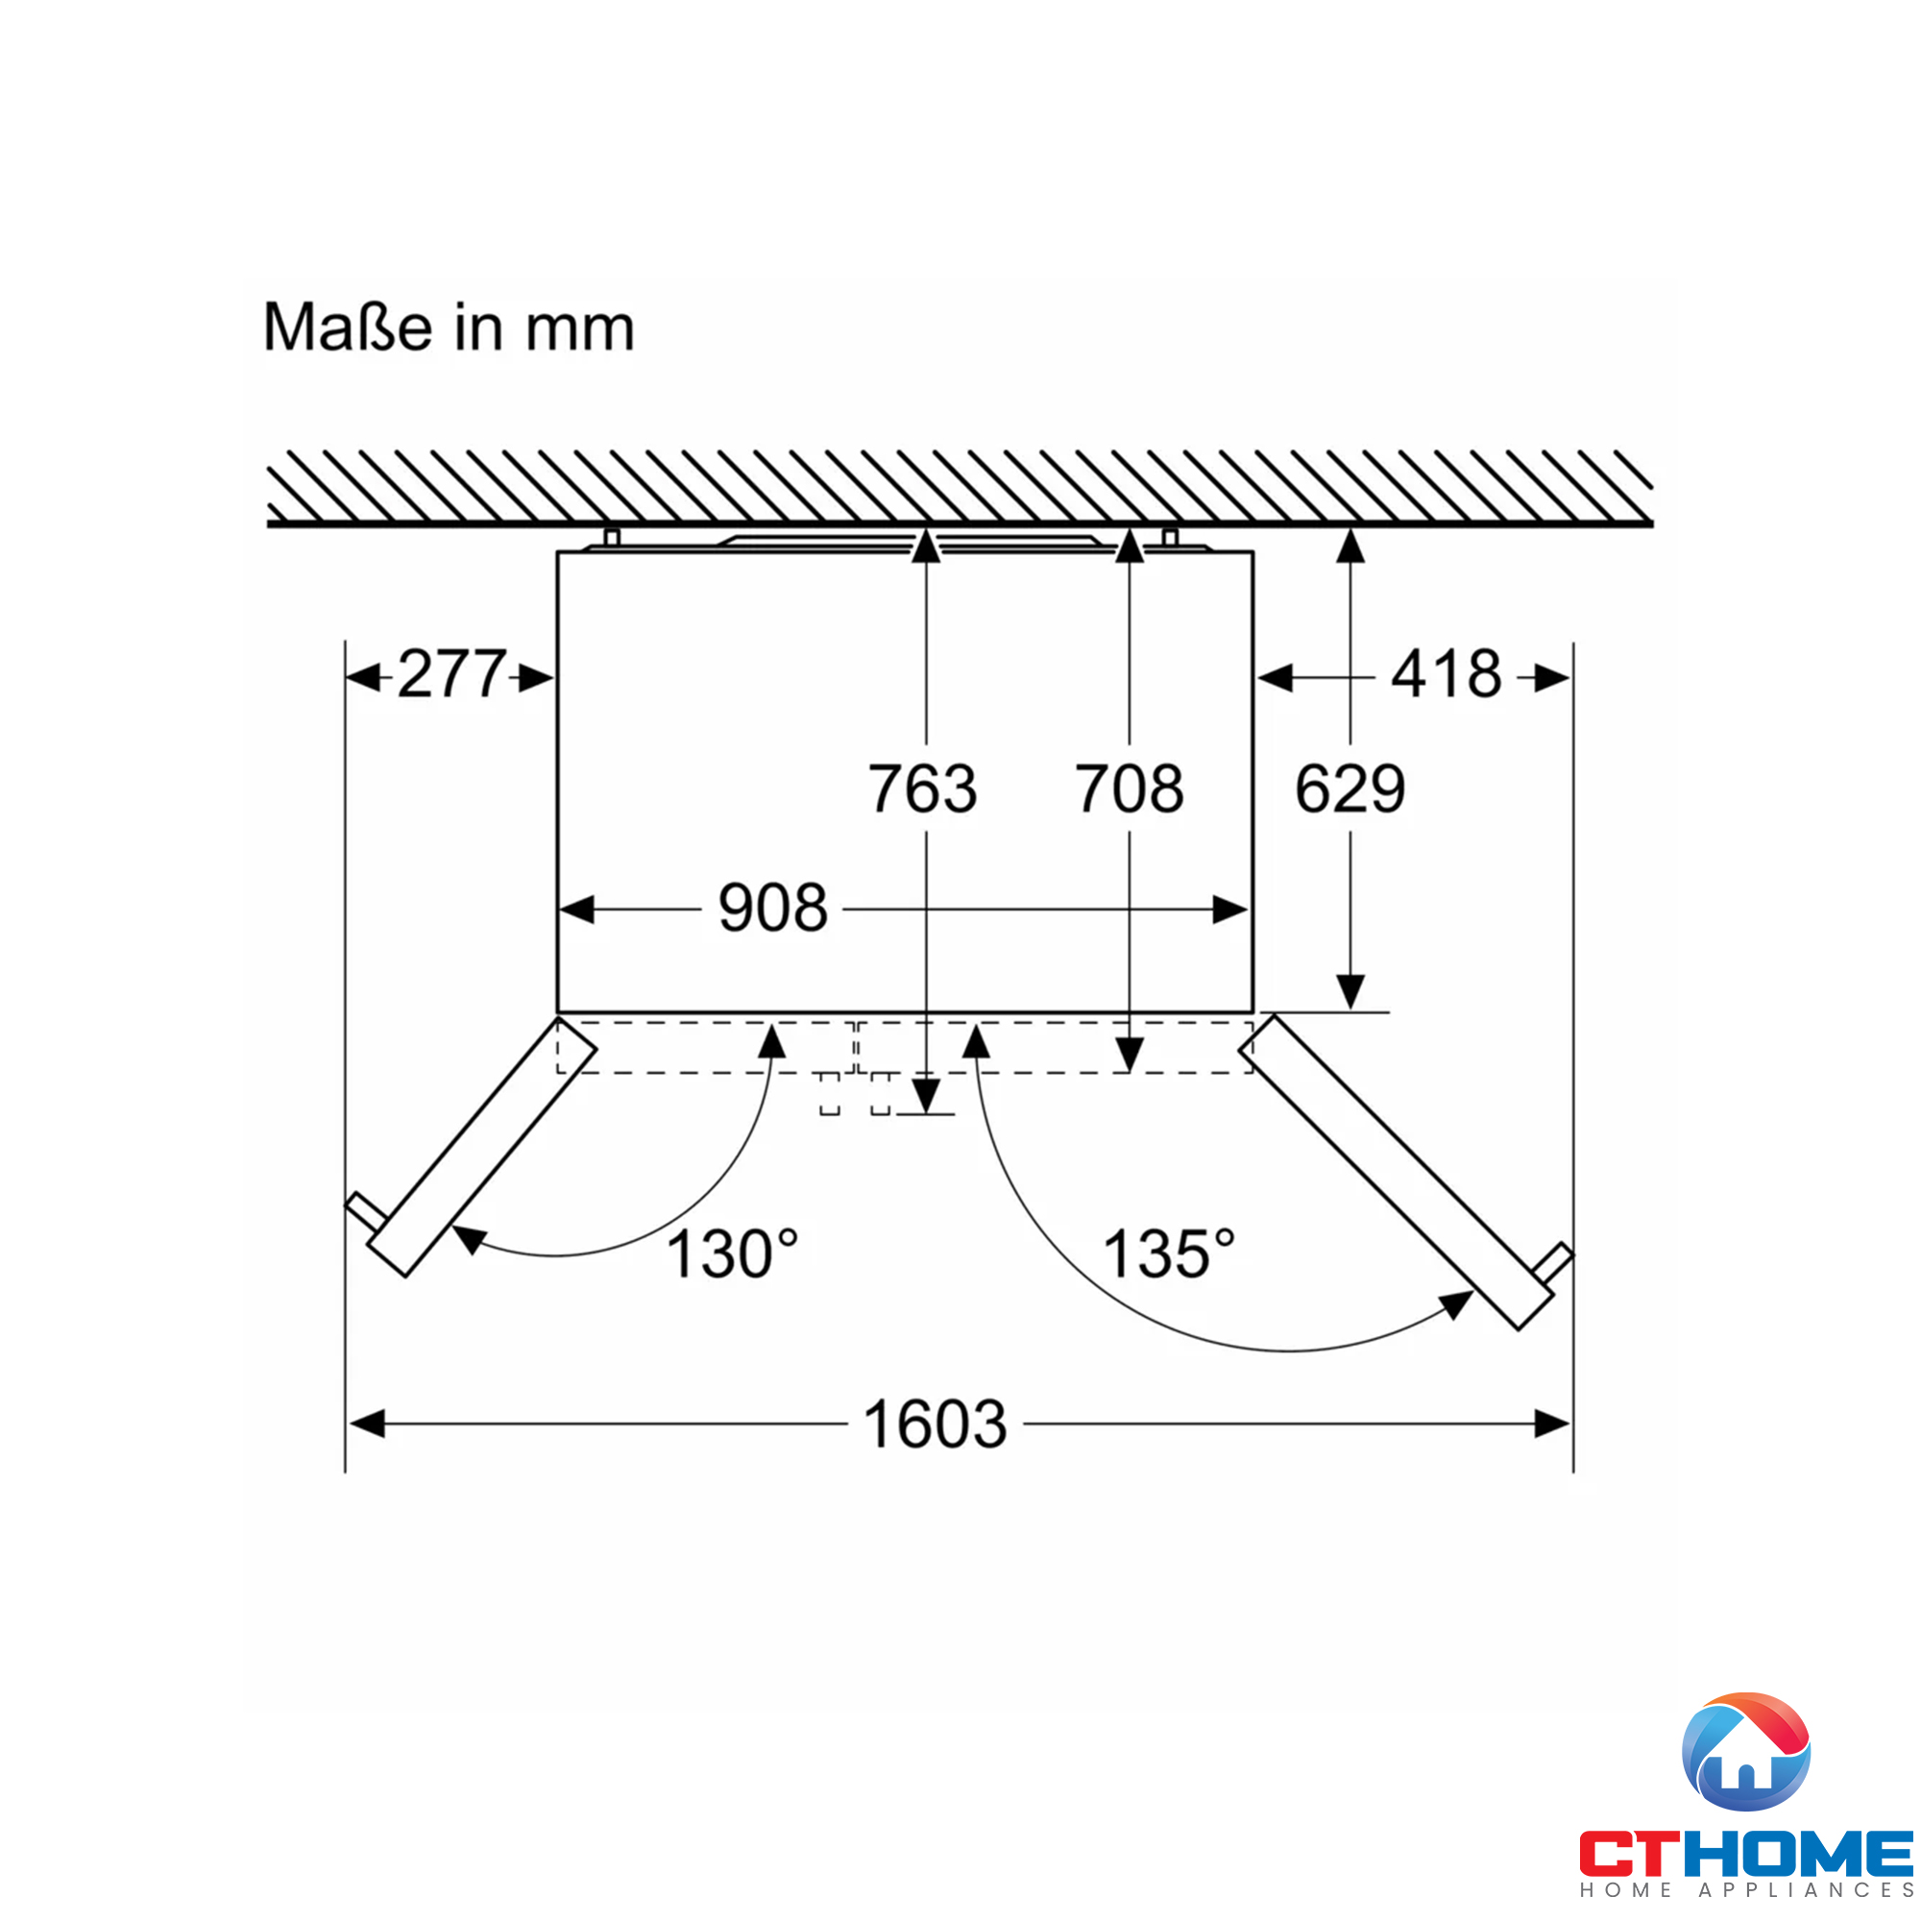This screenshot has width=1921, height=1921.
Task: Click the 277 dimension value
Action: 451,675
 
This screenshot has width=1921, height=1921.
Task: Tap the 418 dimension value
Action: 1446,675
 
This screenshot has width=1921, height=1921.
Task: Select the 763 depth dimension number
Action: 923,789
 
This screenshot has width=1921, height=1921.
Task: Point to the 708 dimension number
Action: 1129,789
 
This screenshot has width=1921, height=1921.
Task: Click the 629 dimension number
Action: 1350,789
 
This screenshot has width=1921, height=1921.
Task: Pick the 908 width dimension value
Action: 772,908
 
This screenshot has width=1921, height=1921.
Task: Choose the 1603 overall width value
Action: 935,1423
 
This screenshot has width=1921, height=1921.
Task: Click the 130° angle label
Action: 732,1253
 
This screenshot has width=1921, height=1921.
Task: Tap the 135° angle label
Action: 1169,1253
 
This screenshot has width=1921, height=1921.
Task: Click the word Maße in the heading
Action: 348,328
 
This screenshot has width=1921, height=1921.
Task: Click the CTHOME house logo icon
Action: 1746,1751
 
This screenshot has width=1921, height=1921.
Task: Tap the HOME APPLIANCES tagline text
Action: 1746,1889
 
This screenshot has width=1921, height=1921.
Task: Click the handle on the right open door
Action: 1552,1263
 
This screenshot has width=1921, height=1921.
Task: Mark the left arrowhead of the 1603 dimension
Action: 367,1423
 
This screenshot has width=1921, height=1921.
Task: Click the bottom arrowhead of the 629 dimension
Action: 1350,992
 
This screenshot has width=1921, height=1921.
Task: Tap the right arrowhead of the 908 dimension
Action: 1230,910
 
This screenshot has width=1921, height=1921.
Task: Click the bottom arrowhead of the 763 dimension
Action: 926,1097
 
